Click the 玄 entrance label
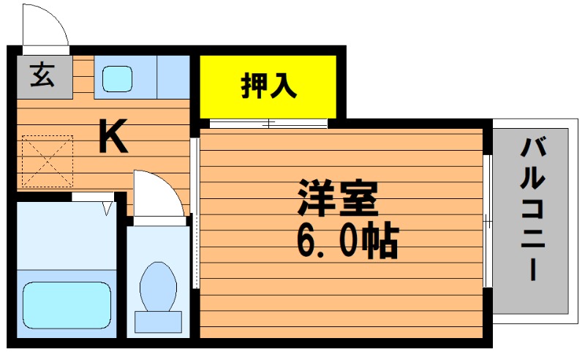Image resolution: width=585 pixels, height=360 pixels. (x=42, y=75)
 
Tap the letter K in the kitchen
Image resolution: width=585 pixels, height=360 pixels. (x=113, y=136)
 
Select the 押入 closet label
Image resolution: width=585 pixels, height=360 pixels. (x=268, y=86)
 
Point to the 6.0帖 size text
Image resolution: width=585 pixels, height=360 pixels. (x=348, y=240)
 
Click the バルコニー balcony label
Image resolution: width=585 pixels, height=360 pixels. (x=533, y=209)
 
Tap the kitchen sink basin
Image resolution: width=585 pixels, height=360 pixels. (x=117, y=79)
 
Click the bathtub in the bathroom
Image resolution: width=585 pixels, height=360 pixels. (x=67, y=305)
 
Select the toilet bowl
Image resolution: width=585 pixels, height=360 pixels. (x=158, y=287)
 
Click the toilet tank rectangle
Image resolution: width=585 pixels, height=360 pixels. (x=158, y=322)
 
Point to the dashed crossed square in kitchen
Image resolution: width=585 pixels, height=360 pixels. (x=48, y=161)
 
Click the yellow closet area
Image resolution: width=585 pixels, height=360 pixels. (x=268, y=86)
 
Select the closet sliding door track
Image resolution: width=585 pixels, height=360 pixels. (x=268, y=124)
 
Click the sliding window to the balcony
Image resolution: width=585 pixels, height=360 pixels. (x=488, y=221)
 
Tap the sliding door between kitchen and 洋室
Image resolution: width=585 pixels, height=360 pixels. (x=195, y=213)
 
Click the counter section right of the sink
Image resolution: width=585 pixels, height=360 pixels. (x=173, y=78)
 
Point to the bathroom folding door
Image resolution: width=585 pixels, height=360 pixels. (x=93, y=198)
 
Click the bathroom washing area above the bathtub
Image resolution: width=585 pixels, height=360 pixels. (x=67, y=236)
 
